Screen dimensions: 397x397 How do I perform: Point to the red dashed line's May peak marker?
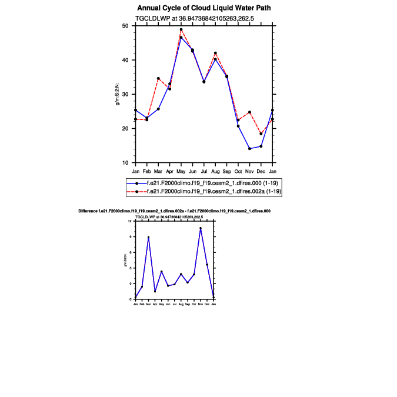pos(181,29)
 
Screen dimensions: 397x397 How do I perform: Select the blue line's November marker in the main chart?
pos(249,149)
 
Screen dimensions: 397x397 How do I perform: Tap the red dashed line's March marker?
pos(158,78)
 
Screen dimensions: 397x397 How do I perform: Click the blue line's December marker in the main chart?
pos(261,146)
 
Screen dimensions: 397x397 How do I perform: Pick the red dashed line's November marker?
pos(249,112)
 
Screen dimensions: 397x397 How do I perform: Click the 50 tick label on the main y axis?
pos(125,26)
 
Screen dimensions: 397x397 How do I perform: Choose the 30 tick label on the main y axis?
pos(125,94)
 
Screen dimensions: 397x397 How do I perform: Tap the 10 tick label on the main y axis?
pos(125,163)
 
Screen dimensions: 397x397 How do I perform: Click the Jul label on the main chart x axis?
pos(204,171)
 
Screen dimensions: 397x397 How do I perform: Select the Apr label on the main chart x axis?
pos(169,171)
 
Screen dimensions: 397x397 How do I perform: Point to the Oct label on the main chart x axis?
pos(238,171)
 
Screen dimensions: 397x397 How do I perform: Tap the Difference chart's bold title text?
pos(174,211)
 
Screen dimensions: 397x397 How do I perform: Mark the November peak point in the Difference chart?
pos(201,228)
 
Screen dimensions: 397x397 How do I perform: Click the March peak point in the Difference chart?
pos(148,237)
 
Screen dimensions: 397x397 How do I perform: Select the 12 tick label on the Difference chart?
pos(130,221)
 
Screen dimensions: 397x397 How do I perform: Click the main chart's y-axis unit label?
pos(118,94)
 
